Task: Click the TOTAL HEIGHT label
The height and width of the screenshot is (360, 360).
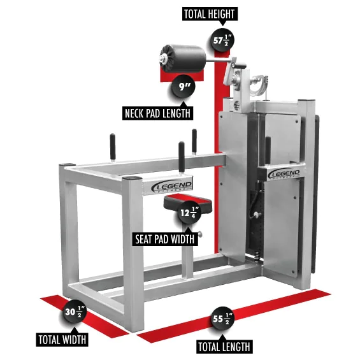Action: tap(208, 13)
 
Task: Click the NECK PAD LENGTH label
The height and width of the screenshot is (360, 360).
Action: tap(158, 113)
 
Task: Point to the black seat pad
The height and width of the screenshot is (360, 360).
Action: tap(182, 203)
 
